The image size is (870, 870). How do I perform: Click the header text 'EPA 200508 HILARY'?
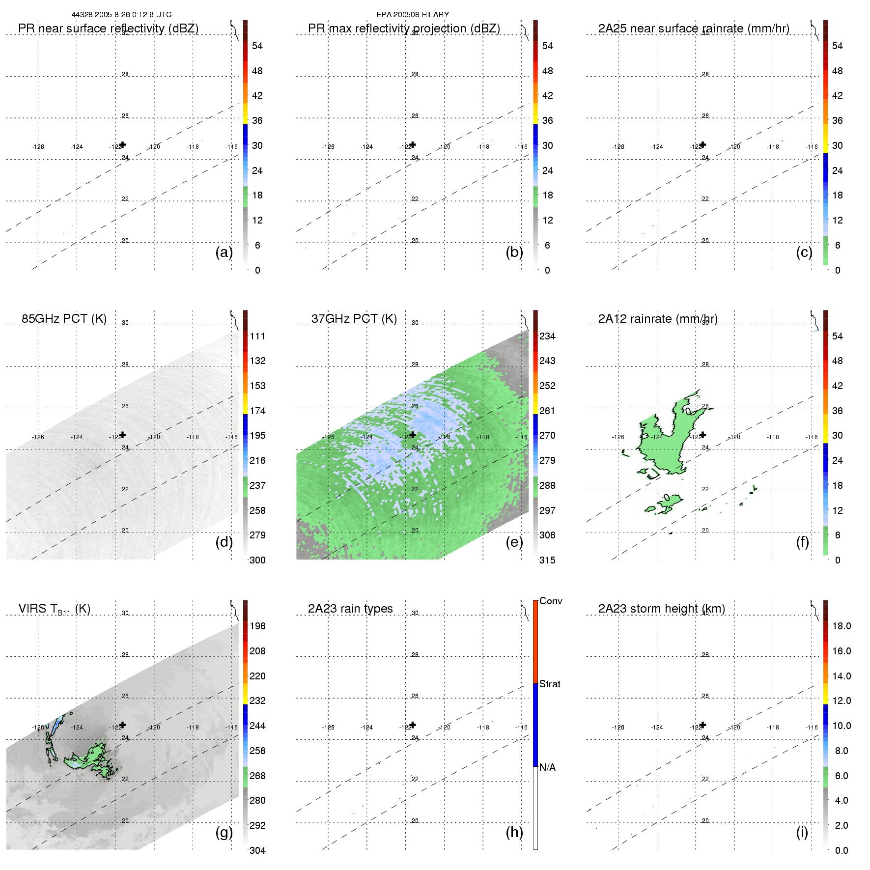413,15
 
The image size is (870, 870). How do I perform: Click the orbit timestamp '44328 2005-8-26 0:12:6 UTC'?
121,15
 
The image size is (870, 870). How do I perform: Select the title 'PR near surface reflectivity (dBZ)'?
108,28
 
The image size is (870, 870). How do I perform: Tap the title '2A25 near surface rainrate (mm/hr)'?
694,28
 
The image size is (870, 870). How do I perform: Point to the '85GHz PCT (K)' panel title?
64,319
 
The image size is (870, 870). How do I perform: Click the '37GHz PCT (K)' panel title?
354,319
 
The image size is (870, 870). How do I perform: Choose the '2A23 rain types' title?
350,609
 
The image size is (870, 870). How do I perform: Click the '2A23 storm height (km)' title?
661,609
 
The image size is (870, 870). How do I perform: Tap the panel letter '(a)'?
224,253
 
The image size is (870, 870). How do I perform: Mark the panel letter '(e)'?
514,542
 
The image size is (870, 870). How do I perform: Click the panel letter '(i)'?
802,832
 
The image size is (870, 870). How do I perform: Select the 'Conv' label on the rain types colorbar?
551,601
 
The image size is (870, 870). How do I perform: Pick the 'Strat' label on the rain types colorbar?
550,684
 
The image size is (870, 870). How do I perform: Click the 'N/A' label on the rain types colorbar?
547,767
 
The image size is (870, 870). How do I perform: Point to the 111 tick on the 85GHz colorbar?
257,336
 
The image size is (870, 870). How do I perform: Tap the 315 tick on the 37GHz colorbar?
547,560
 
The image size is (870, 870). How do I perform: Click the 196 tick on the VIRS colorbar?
257,626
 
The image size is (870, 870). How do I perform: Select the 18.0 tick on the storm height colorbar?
842,626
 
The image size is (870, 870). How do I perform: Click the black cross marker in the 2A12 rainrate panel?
703,435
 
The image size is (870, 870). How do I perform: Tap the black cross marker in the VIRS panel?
123,725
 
